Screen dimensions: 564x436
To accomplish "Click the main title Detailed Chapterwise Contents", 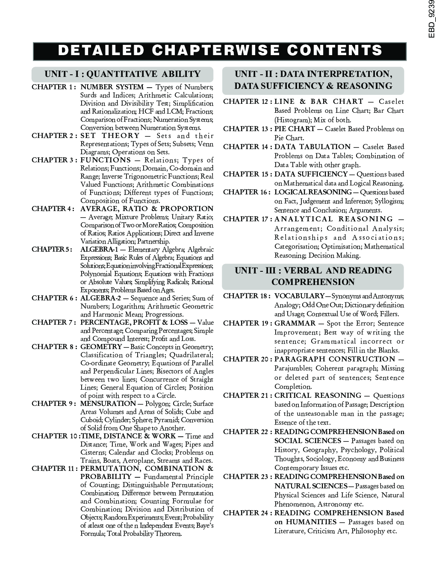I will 220,51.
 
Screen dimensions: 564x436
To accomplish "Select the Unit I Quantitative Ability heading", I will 123,74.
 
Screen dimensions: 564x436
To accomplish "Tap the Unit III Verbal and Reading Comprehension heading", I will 313,276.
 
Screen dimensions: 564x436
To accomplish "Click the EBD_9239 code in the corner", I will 431,19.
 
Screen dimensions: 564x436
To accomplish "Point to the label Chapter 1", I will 54,87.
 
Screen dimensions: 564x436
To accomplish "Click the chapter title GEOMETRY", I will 101,347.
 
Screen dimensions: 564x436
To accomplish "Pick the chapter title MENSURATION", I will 108,404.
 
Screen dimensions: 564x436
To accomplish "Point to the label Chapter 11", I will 55,469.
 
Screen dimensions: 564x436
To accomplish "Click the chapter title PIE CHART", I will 295,129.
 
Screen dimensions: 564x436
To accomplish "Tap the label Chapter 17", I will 247,219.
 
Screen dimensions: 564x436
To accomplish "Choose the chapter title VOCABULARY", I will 299,296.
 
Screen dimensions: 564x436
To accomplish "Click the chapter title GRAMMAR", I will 295,323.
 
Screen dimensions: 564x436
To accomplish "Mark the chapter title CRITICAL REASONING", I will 318,396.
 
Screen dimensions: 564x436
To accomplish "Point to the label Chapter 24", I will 247,513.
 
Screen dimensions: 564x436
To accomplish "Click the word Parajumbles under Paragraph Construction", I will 295,368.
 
